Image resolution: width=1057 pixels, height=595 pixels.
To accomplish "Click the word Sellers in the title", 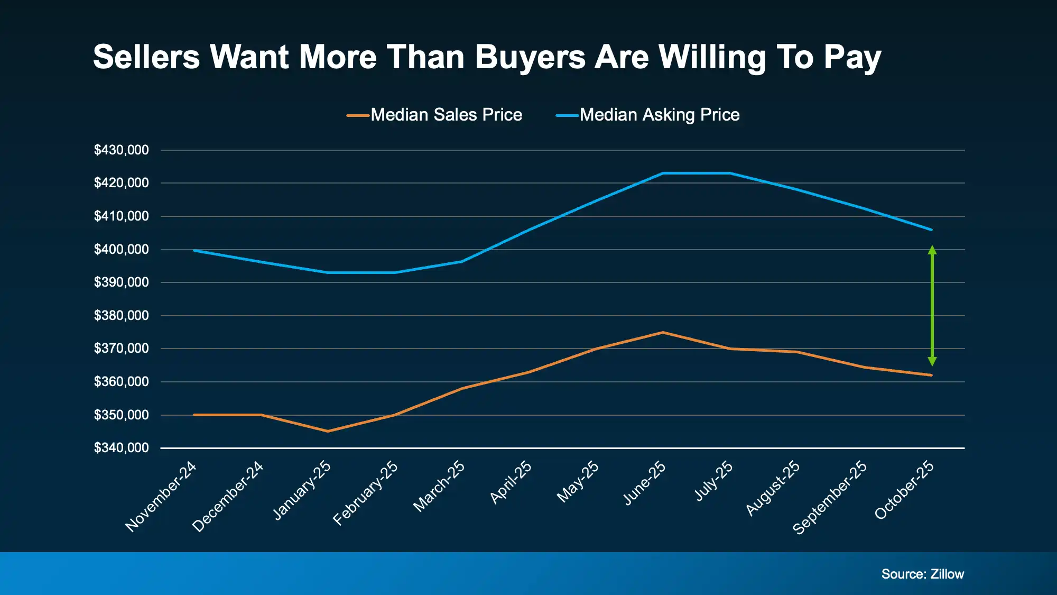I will pos(146,57).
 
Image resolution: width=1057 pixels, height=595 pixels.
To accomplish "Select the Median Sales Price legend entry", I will pos(435,115).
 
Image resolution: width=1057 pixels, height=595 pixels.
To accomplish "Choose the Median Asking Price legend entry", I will pos(648,115).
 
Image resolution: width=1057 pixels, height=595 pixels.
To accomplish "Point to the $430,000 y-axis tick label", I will pos(121,150).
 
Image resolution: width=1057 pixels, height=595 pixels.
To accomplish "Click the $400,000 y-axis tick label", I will pos(121,250).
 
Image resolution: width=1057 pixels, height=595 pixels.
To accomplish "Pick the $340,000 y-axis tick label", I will pos(121,448).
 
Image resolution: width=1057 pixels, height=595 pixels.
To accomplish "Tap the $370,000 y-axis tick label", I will pos(121,349).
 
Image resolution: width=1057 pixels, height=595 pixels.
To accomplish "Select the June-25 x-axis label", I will pos(645,483).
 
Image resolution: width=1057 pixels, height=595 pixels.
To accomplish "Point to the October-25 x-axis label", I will pos(904,490).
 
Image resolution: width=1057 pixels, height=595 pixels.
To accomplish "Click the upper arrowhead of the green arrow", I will pos(932,250).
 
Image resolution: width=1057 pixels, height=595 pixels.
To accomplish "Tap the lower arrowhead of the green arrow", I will pos(932,362).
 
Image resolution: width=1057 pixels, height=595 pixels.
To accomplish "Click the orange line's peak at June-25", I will pos(663,332).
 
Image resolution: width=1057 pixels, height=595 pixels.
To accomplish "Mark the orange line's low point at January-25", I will pos(328,431).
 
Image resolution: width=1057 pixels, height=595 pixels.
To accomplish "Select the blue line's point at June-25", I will pos(663,173).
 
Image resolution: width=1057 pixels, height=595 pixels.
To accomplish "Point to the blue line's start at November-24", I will pos(194,250).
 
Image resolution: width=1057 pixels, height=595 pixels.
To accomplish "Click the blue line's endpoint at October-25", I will pos(931,230).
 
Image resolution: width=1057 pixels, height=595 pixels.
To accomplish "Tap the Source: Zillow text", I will pos(922,574).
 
